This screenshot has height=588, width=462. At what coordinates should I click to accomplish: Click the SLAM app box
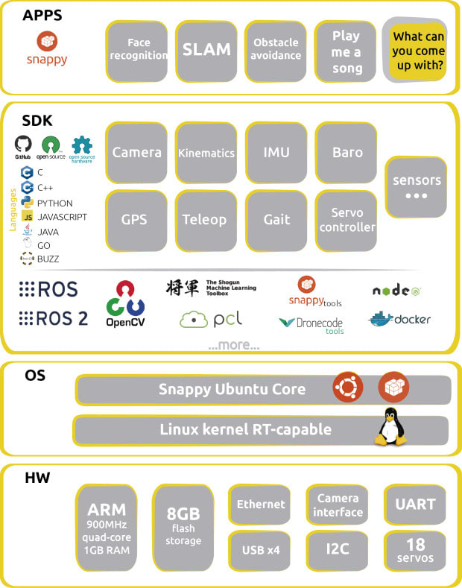click(x=206, y=50)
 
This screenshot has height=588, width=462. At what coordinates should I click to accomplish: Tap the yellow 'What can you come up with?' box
click(x=419, y=51)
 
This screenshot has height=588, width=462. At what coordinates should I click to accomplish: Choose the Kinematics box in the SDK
click(x=206, y=153)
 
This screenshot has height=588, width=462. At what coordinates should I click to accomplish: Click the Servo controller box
click(x=347, y=220)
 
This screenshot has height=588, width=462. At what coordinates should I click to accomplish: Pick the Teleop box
click(x=204, y=220)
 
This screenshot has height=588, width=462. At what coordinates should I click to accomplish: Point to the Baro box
click(x=347, y=153)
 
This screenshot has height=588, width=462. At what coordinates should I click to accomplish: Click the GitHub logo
click(x=23, y=147)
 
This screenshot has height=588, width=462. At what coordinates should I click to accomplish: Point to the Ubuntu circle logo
click(x=346, y=388)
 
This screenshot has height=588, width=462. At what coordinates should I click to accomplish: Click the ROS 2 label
click(x=54, y=318)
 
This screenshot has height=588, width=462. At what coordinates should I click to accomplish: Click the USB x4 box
click(x=260, y=550)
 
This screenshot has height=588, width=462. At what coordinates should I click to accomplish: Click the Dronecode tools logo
click(x=311, y=325)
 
